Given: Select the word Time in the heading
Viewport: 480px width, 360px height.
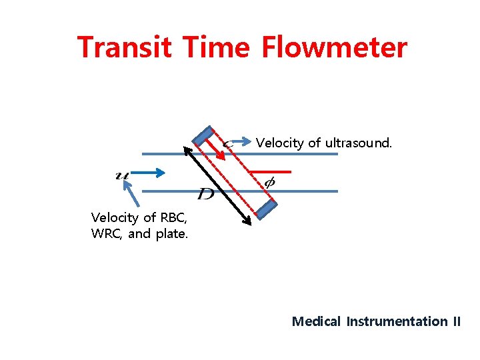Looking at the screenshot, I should pyautogui.click(x=216, y=48).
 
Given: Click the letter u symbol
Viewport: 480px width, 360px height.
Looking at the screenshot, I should pyautogui.click(x=122, y=175).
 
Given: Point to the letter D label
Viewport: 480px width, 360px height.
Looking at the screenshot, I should pyautogui.click(x=206, y=194).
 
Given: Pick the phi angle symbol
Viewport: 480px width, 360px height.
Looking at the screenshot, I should pyautogui.click(x=269, y=182).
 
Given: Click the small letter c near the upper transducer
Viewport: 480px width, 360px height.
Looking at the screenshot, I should pyautogui.click(x=228, y=143).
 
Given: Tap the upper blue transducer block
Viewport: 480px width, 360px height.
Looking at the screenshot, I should pyautogui.click(x=202, y=135).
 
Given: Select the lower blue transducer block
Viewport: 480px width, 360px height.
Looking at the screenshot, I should pyautogui.click(x=267, y=209).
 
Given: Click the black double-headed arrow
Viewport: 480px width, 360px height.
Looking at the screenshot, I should pyautogui.click(x=217, y=185).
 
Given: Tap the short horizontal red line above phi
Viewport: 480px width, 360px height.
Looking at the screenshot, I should pyautogui.click(x=273, y=170).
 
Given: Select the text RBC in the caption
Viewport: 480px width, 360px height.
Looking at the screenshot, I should pyautogui.click(x=174, y=217).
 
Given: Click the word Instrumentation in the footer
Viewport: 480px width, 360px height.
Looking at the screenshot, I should pyautogui.click(x=397, y=321).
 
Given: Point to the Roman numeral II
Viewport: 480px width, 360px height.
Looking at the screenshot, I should pyautogui.click(x=457, y=321).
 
